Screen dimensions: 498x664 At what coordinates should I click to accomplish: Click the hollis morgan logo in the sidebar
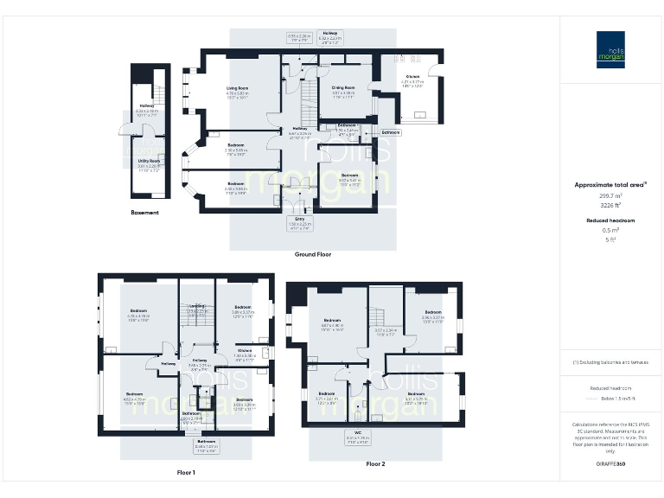point(610,48)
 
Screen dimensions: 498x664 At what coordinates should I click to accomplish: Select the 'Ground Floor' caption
point(313,254)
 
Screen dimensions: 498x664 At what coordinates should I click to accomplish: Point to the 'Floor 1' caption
point(186,473)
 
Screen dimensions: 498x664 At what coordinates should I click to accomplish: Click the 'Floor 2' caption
point(375,464)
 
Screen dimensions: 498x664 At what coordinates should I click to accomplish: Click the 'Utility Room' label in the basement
point(149,161)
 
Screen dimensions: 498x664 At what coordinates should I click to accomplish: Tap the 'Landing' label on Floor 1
point(197,305)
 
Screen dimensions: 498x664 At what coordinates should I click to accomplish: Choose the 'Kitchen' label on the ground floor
point(413,76)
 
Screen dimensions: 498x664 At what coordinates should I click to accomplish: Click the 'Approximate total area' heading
point(610,184)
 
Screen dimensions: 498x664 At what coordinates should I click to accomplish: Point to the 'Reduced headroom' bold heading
point(610,220)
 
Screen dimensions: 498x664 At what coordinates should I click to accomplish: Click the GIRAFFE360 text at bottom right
point(610,464)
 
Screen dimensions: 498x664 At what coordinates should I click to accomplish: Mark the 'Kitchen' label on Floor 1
point(245,351)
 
